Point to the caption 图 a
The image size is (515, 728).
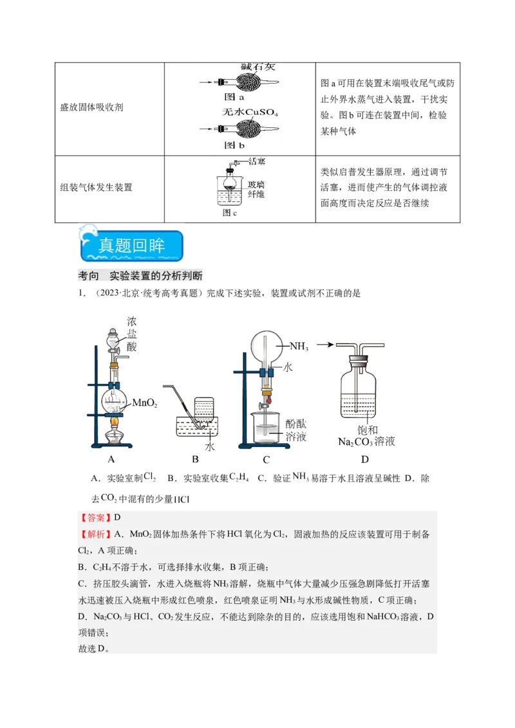(234, 98)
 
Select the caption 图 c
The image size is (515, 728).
(230, 212)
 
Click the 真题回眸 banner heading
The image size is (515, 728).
(132, 246)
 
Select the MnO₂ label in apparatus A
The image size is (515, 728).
(145, 403)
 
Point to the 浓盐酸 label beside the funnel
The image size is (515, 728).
(132, 333)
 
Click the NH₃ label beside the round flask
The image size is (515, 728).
(299, 346)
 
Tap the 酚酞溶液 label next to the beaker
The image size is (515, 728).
(296, 430)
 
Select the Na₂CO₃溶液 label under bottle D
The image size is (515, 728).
(366, 442)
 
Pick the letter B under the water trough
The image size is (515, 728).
(195, 459)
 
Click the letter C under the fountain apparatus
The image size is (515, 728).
(266, 459)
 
